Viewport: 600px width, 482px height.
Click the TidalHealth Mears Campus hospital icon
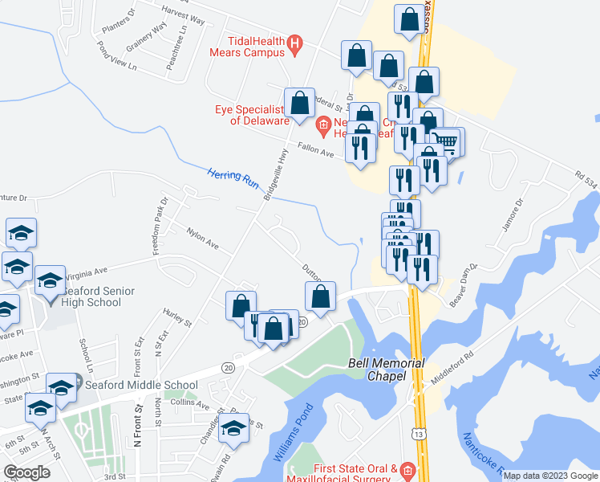point(295,46)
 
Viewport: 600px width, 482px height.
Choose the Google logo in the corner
point(26,472)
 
